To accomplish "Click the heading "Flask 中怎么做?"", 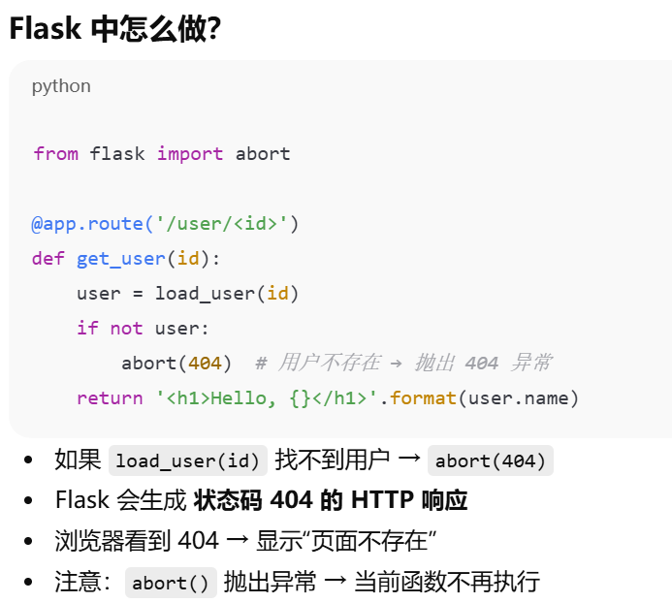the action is [x=115, y=29].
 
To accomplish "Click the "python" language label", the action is [x=61, y=86].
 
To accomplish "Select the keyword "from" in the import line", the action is [x=55, y=154].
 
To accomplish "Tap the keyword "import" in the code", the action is [x=190, y=154].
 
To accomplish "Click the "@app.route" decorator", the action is [x=87, y=224].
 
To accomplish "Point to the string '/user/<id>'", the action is [x=222, y=224].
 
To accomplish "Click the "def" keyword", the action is [x=48, y=259].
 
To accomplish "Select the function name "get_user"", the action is [x=121, y=259].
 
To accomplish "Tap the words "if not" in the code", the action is [x=110, y=329].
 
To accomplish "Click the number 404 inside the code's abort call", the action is [x=205, y=364].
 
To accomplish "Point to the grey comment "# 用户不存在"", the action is [x=317, y=364].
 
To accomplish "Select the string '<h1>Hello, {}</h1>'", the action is [x=272, y=398].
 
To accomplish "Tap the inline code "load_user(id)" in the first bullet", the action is [x=188, y=461].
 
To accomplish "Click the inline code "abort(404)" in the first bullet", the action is [x=491, y=461].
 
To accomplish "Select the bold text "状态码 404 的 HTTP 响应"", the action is [x=330, y=500].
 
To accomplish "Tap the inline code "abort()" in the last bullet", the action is [x=171, y=583].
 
